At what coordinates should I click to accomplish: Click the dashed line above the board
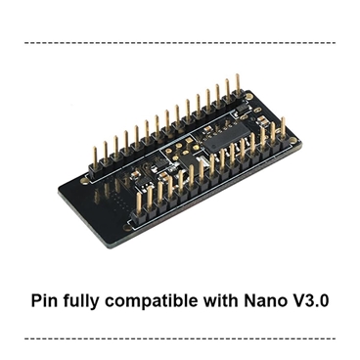(180, 43)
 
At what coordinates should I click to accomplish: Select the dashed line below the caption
(180, 338)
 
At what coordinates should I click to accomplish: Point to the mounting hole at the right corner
(292, 144)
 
